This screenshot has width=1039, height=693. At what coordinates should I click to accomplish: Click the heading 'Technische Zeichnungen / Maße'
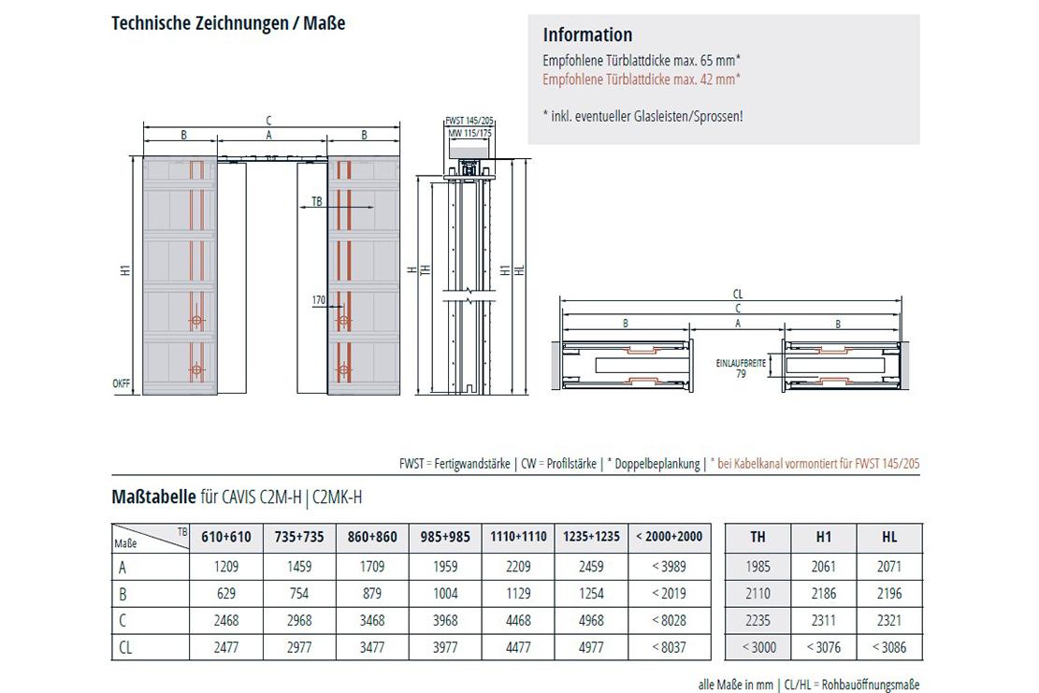pyautogui.click(x=228, y=23)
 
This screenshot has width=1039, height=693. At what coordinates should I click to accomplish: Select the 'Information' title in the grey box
pyautogui.click(x=587, y=35)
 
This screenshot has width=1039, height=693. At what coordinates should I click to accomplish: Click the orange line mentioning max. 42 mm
pyautogui.click(x=642, y=79)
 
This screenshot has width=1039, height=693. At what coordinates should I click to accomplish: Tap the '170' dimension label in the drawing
pyautogui.click(x=319, y=301)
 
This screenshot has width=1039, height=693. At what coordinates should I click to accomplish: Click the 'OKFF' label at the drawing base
pyautogui.click(x=122, y=383)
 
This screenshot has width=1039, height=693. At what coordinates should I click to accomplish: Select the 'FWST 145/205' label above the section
pyautogui.click(x=470, y=122)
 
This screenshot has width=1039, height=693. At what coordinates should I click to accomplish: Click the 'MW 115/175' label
pyautogui.click(x=470, y=134)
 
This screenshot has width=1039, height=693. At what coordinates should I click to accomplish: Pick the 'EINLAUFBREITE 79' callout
pyautogui.click(x=740, y=367)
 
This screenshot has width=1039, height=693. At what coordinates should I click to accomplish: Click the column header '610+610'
pyautogui.click(x=225, y=537)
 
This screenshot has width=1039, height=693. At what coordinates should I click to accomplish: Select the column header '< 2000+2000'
pyautogui.click(x=667, y=537)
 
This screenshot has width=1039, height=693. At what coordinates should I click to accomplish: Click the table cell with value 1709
pyautogui.click(x=371, y=566)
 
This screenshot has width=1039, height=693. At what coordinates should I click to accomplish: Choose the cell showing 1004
pyautogui.click(x=444, y=593)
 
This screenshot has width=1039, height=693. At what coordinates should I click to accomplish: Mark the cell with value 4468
pyautogui.click(x=517, y=620)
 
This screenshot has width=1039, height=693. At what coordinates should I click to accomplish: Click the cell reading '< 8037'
pyautogui.click(x=667, y=647)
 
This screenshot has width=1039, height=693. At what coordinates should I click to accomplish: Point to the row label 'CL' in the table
pyautogui.click(x=125, y=647)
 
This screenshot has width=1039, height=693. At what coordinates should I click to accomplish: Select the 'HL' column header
pyautogui.click(x=889, y=537)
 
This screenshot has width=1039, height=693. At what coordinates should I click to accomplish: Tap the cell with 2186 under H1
pyautogui.click(x=824, y=593)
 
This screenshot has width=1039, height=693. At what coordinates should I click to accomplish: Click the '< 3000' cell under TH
pyautogui.click(x=758, y=647)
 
